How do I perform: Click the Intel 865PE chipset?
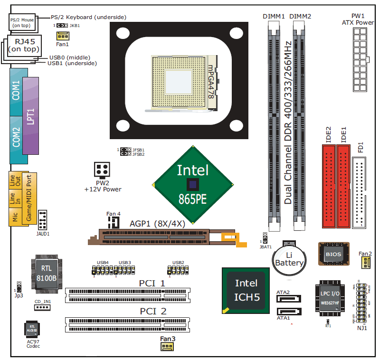(192, 184)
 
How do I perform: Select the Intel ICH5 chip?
(246, 290)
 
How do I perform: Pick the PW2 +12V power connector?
(102, 170)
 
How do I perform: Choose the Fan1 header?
(62, 36)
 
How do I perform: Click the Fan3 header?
(167, 347)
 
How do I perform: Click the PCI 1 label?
(152, 284)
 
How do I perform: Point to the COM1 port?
(16, 90)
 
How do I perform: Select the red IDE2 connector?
(328, 186)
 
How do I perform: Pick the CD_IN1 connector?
(42, 307)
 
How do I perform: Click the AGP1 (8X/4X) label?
(157, 223)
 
